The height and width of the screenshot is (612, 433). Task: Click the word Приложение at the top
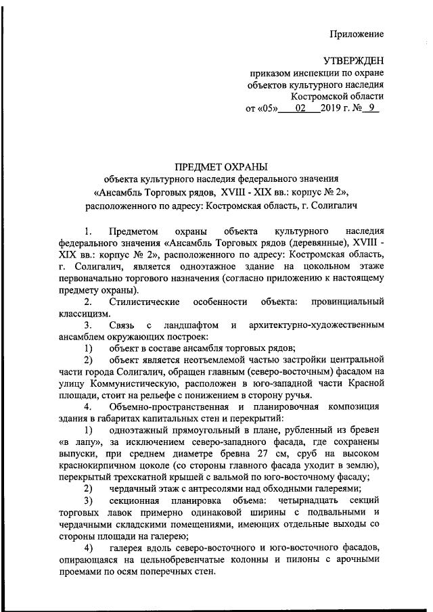pyautogui.click(x=357, y=34)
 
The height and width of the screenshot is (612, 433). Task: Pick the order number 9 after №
pyautogui.click(x=369, y=108)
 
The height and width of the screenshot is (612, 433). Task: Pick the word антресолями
pyautogui.click(x=214, y=489)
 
